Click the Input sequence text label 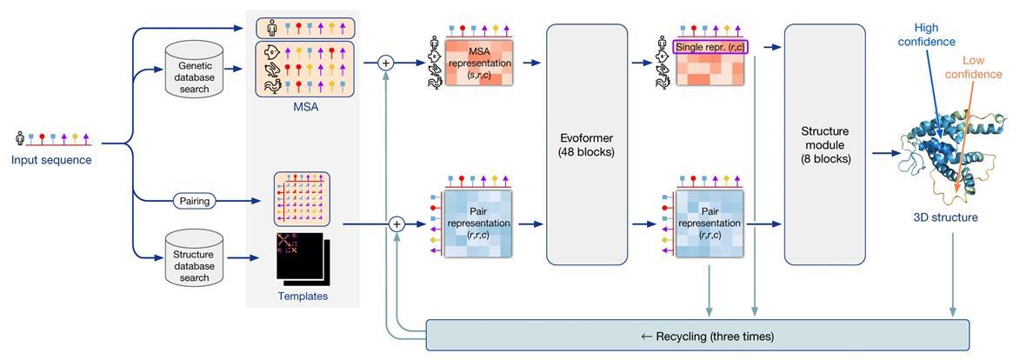click(x=50, y=160)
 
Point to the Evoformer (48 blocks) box click(x=587, y=144)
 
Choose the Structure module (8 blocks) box click(x=824, y=144)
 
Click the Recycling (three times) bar click(x=696, y=336)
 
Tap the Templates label click(x=303, y=297)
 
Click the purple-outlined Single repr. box click(x=710, y=45)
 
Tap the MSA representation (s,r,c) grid click(x=477, y=63)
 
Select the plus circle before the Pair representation click(x=396, y=224)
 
